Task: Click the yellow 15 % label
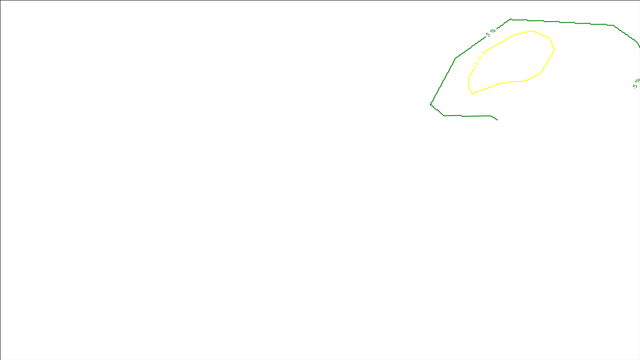coord(478,61)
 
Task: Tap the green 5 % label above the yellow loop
coord(490,32)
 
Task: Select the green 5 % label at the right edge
coord(636,84)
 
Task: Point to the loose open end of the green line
coord(497,120)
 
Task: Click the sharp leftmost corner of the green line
coord(430,104)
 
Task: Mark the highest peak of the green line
coord(511,19)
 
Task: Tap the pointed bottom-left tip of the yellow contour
coord(472,94)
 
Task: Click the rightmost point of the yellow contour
coord(554,50)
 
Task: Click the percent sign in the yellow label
coord(480,58)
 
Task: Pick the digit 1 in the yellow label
coord(475,65)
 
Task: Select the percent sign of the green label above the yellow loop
coord(493,31)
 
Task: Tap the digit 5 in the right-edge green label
coord(635,86)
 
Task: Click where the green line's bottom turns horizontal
coord(444,116)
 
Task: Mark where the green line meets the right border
coord(639,46)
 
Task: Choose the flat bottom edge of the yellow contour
coord(512,82)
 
